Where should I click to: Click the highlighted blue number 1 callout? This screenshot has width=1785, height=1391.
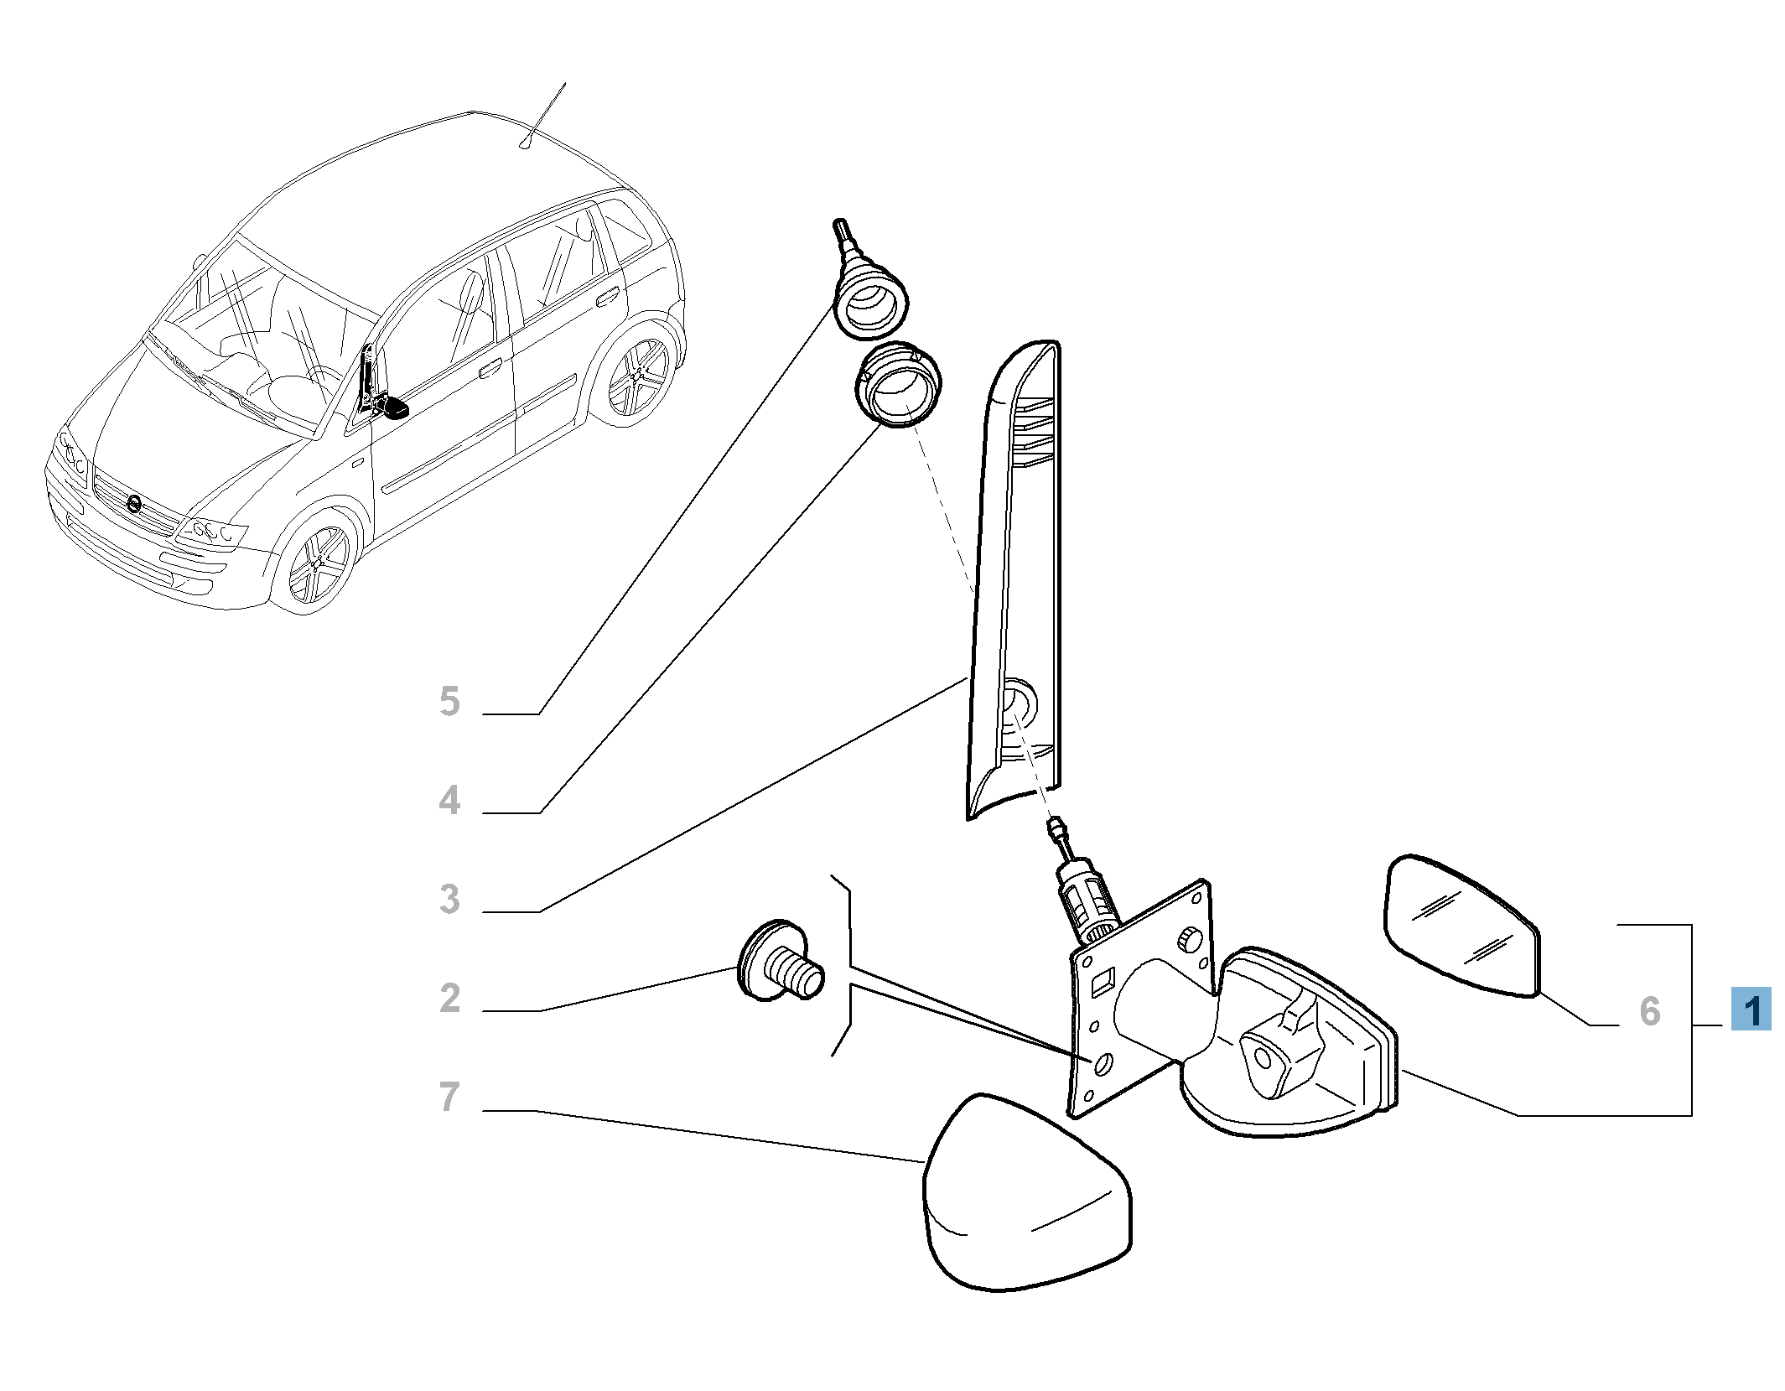point(1751,1009)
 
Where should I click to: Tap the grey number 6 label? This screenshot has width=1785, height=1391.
point(1649,1011)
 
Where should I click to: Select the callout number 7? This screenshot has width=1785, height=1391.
point(449,1097)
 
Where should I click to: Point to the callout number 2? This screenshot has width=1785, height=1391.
point(449,998)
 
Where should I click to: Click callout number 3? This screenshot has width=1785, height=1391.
point(449,899)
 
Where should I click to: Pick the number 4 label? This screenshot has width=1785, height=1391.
point(449,800)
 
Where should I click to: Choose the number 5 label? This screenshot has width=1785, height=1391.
point(449,701)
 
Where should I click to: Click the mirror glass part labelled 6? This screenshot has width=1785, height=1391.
point(1461,926)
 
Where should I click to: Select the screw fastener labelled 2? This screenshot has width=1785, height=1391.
point(780,962)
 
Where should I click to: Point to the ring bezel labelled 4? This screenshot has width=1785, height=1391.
point(898,385)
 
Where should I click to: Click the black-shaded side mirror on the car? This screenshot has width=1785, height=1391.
point(392,408)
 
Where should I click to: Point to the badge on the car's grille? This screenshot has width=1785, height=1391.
point(133,504)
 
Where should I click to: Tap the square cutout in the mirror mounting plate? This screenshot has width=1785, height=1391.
point(1103,980)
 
